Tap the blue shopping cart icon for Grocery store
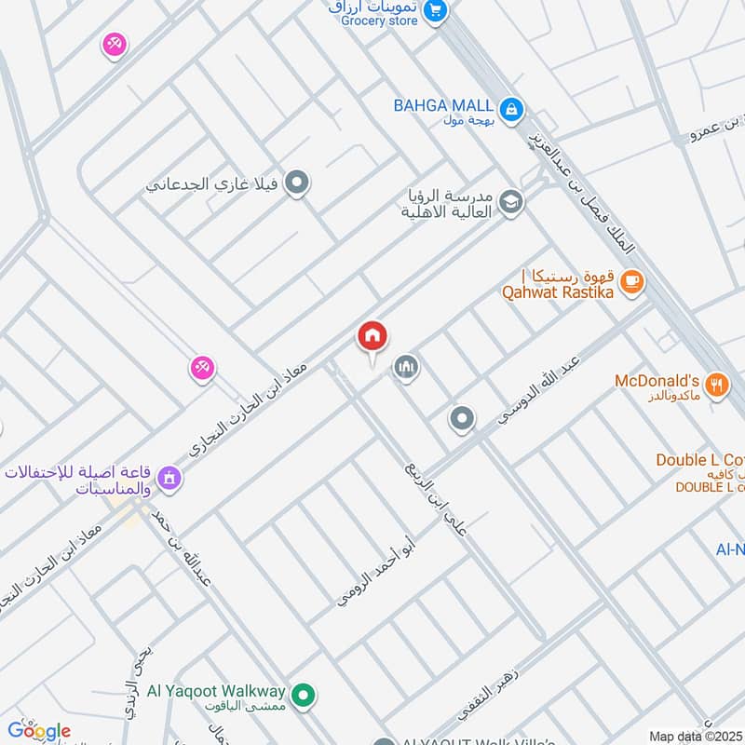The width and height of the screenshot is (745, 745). point(434,11)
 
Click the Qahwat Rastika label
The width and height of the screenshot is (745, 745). point(558,291)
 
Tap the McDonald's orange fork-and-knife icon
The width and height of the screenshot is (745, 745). point(716,385)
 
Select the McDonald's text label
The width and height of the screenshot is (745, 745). point(657,381)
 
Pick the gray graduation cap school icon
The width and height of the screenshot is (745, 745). point(510,201)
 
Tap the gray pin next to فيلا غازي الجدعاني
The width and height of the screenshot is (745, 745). point(297,183)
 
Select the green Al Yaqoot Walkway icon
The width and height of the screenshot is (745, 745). point(302,694)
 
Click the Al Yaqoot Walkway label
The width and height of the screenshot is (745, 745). point(237,692)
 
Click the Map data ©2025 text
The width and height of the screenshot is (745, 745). point(695,736)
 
